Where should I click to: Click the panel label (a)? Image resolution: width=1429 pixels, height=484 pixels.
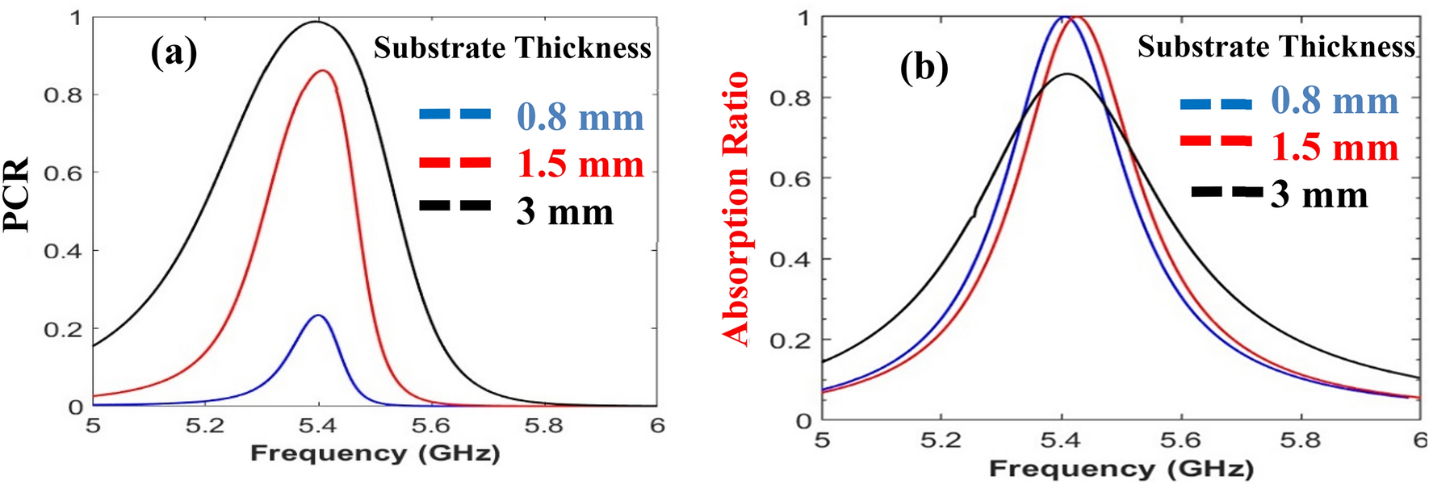point(174,53)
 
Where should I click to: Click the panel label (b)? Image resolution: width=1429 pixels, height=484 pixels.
point(924,67)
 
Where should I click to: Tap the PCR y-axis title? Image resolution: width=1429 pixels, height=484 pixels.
point(16,194)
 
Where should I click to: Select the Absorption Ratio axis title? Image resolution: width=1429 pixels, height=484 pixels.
point(735,208)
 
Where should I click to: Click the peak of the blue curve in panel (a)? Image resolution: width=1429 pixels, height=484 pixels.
point(319,315)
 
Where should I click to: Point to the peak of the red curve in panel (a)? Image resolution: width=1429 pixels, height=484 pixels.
point(324,71)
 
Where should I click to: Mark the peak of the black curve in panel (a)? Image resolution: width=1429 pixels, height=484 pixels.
point(316,22)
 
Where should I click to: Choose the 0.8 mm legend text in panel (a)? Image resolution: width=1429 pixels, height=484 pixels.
point(580,118)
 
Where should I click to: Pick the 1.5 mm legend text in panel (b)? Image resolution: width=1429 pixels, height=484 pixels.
point(1335,148)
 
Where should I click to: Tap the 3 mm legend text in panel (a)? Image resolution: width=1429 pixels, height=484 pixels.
point(565,212)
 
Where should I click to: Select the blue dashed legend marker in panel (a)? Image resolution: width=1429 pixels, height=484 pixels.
point(455,115)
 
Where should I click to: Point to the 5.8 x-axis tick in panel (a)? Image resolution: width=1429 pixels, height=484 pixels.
point(543,425)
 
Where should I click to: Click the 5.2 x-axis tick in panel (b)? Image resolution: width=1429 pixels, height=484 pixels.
point(941,440)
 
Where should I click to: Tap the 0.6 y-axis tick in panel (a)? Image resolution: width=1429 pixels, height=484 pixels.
point(63,173)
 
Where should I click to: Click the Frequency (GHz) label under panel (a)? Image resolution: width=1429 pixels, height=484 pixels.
point(375,453)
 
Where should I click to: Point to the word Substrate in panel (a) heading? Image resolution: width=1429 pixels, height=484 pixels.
point(439,48)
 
